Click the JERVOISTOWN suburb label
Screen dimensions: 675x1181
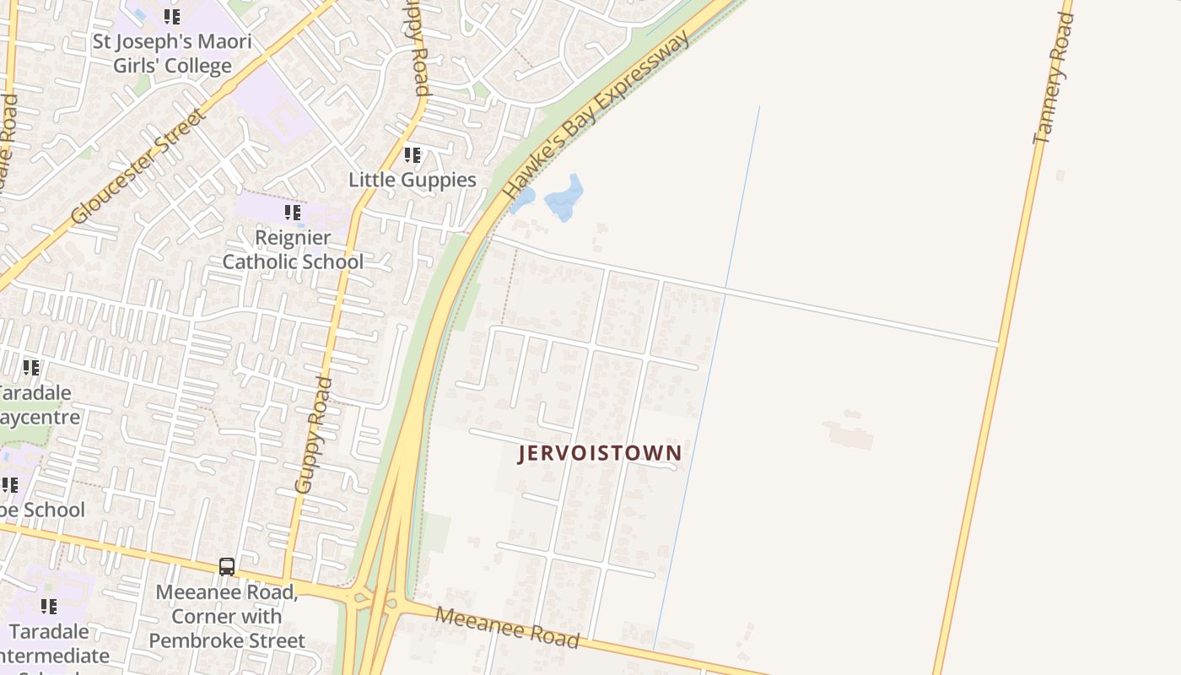600,453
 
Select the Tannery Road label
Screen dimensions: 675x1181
1054,78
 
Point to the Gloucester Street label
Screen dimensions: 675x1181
138,166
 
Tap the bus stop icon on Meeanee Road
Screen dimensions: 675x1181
227,566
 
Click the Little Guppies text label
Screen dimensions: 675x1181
413,180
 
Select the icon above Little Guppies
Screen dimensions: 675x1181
413,155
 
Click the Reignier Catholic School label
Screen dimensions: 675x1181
293,250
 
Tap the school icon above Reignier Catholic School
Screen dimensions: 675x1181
293,213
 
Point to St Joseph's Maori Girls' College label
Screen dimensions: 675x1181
173,53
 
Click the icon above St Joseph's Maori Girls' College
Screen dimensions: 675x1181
172,17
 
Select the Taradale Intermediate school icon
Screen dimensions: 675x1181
49,606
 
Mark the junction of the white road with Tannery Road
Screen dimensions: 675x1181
999,344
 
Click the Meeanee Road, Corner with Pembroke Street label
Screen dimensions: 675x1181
226,616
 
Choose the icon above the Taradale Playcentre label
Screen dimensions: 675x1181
31,368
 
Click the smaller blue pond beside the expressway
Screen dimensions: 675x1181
523,200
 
